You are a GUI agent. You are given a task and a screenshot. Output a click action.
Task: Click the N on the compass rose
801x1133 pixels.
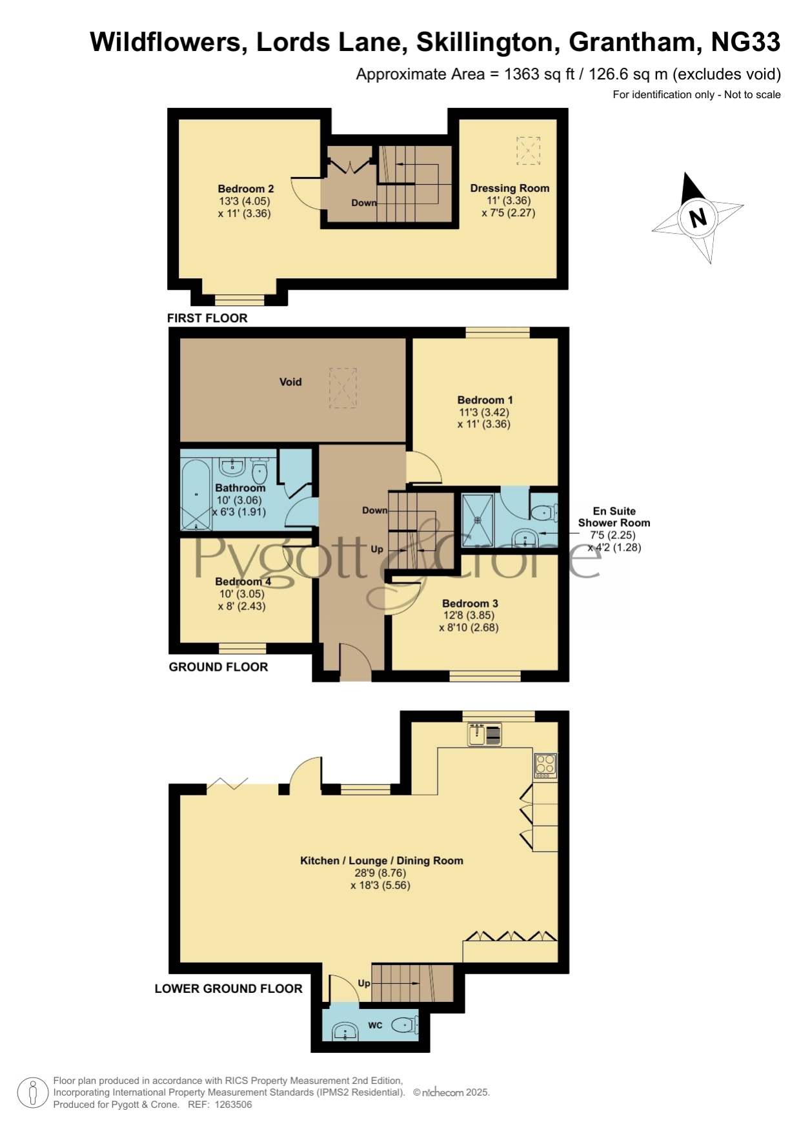[x=698, y=218]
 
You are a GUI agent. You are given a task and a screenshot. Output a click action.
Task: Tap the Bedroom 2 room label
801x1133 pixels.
[x=246, y=189]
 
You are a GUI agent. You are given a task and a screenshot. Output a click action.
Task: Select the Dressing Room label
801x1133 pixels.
[x=510, y=189]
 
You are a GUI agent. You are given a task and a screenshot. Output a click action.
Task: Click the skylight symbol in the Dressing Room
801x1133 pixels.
[x=528, y=151]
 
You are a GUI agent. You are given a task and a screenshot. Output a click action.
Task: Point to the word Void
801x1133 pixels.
[x=290, y=382]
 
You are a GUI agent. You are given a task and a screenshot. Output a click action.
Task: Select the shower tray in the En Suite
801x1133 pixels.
[x=478, y=520]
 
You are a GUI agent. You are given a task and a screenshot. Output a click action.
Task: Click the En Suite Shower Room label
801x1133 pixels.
[x=614, y=517]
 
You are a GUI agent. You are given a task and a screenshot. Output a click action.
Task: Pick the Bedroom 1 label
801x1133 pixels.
[x=485, y=400]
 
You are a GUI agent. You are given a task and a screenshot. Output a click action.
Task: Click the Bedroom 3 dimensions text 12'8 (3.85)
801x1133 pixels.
[x=469, y=615]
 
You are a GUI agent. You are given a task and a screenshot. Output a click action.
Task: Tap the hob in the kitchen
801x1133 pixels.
[x=545, y=765]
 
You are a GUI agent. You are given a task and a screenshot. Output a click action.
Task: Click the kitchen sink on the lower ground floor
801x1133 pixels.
[x=485, y=735]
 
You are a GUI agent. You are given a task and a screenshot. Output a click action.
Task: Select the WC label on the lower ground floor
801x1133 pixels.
[x=375, y=1025]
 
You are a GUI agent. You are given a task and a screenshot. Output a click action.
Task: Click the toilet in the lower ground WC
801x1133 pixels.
[x=406, y=1025]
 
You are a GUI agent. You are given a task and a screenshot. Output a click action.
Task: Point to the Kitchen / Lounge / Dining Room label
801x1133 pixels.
[x=381, y=861]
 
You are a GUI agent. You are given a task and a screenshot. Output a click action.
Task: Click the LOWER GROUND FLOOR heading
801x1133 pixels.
[x=228, y=988]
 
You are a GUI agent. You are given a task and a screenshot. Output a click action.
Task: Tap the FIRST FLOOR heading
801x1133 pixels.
[x=207, y=318]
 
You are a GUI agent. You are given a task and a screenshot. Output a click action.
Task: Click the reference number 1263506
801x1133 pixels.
[x=233, y=1105]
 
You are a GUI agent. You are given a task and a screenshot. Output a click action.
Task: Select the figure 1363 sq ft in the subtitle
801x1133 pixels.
[x=540, y=74]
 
